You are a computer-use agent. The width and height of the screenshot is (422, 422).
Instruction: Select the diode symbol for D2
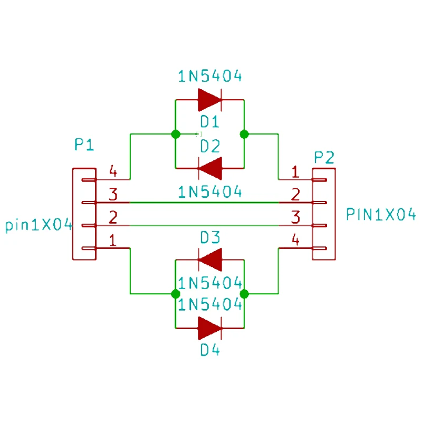(210, 168)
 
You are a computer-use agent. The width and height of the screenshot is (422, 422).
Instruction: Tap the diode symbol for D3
(210, 260)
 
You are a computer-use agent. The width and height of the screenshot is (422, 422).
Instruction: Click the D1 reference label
(209, 122)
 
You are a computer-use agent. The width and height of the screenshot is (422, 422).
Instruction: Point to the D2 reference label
(210, 147)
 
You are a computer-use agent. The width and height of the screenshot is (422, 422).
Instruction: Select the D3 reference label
(210, 237)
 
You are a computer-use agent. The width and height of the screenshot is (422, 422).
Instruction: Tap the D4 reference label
(210, 350)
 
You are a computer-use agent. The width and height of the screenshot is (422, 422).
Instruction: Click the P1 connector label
(84, 145)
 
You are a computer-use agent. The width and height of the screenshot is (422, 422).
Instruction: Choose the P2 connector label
(324, 157)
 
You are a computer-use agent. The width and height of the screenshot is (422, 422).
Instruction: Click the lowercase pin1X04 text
(39, 225)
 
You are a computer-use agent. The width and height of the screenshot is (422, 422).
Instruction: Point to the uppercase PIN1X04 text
(381, 215)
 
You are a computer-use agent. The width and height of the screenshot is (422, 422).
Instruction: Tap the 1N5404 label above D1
(210, 76)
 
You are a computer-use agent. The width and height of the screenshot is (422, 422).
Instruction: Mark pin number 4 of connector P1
(113, 171)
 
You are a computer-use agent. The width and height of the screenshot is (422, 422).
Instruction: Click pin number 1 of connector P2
(295, 172)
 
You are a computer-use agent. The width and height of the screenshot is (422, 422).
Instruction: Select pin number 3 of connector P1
(113, 194)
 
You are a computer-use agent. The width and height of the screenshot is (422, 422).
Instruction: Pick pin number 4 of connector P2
(295, 239)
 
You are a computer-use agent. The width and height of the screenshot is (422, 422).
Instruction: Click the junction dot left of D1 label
(176, 134)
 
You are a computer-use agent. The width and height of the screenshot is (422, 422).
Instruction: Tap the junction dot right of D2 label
(244, 134)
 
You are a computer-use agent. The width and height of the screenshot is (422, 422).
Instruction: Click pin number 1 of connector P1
(113, 240)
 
